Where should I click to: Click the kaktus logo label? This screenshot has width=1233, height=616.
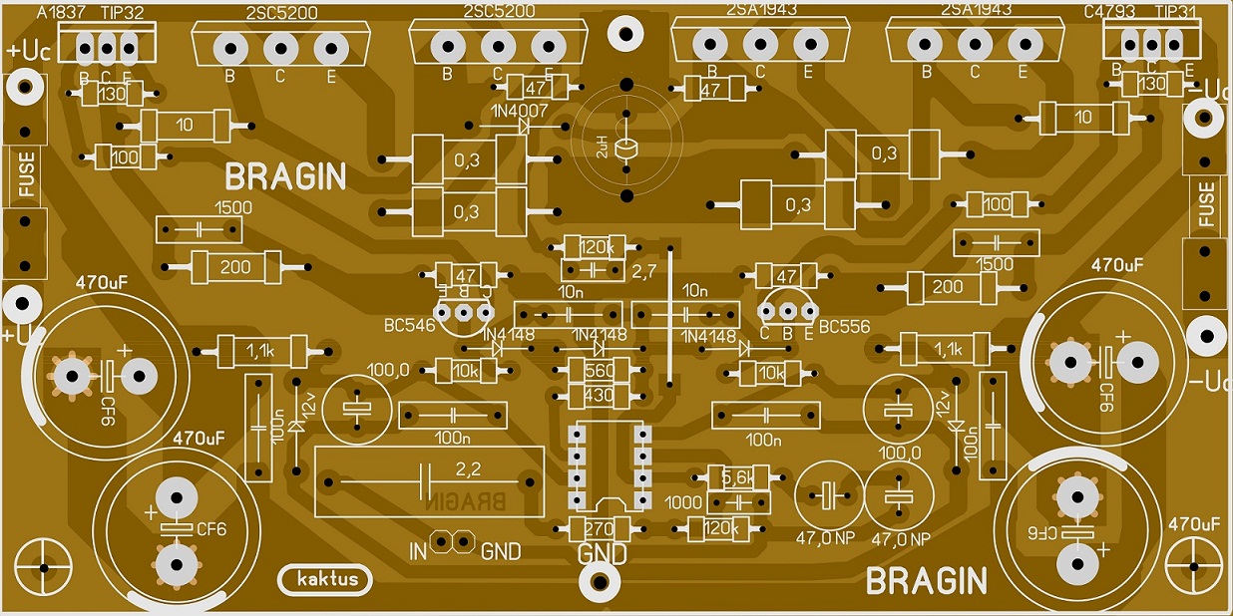tap(321, 579)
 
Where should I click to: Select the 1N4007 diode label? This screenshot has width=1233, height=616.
tap(519, 111)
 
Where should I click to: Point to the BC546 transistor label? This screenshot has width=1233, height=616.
tap(410, 326)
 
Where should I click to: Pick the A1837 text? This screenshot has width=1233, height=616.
tap(59, 11)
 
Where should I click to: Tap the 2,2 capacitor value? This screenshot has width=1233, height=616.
tap(467, 467)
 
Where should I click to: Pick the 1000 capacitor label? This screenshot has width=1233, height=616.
tap(683, 503)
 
